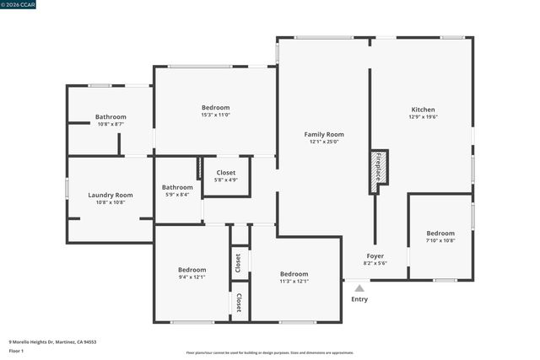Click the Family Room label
pyautogui.click(x=324, y=134)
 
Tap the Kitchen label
pyautogui.click(x=423, y=110)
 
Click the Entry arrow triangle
pyautogui.click(x=359, y=288)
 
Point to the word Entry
pyautogui.click(x=359, y=299)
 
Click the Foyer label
pyautogui.click(x=375, y=255)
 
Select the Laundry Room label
pyautogui.click(x=111, y=195)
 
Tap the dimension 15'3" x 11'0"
pyautogui.click(x=215, y=116)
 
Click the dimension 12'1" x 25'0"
pyautogui.click(x=324, y=142)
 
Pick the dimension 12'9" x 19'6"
pyautogui.click(x=423, y=117)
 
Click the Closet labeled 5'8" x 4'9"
pyautogui.click(x=226, y=172)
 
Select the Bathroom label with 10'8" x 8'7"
pyautogui.click(x=111, y=116)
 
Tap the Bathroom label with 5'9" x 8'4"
pyautogui.click(x=177, y=187)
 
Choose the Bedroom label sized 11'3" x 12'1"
pyautogui.click(x=294, y=273)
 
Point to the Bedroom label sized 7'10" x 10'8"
pyautogui.click(x=440, y=233)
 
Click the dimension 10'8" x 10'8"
pyautogui.click(x=111, y=202)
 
